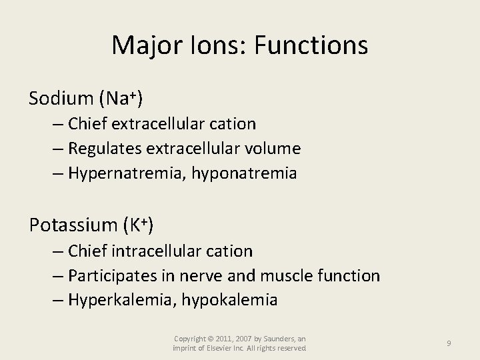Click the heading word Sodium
tap(60, 99)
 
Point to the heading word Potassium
tap(73, 225)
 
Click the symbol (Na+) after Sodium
tap(121, 99)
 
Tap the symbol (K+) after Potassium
tap(139, 225)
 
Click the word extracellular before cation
tap(161, 124)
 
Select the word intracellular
tap(159, 251)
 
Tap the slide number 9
tap(449, 343)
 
